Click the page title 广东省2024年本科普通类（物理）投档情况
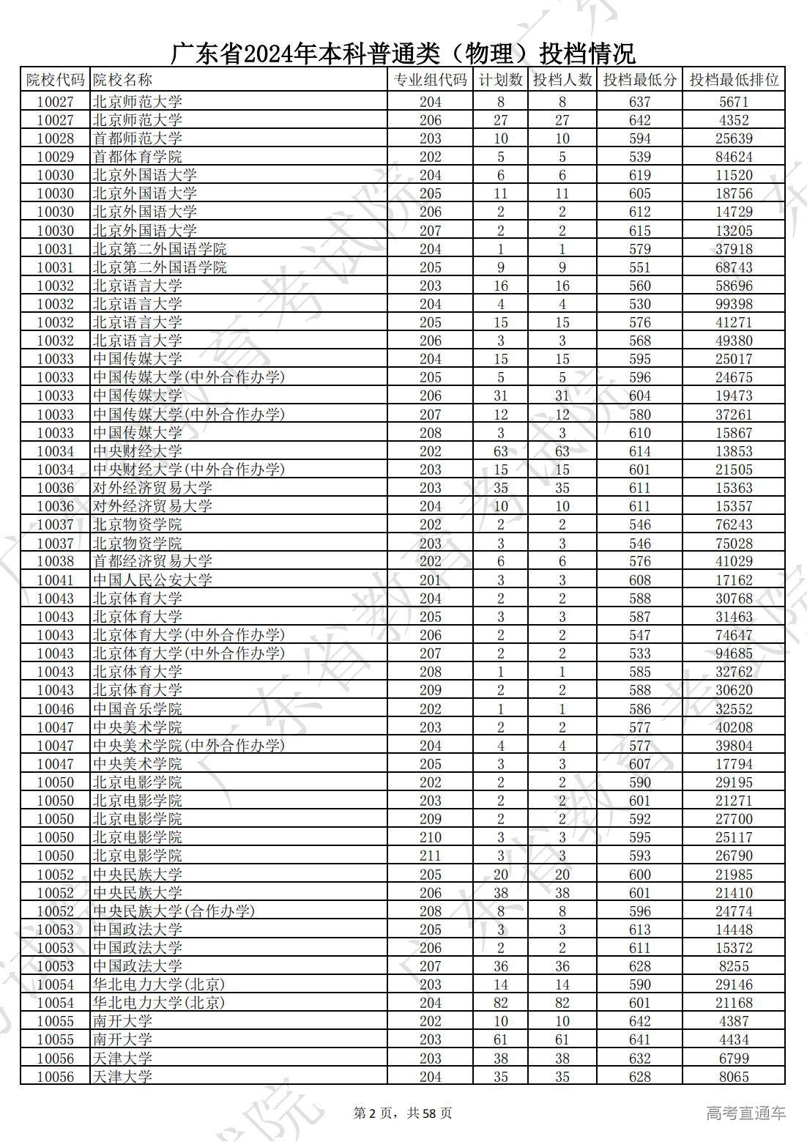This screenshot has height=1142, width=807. pos(403,53)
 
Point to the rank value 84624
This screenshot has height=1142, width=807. pos(733,157)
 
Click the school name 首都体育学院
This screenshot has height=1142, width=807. pos(138,157)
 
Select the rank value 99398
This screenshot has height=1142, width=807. pos(733,304)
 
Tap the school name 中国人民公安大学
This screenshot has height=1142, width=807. pos(152,580)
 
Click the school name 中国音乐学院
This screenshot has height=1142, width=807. pos(138,709)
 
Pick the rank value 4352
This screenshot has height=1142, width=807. pos(733,120)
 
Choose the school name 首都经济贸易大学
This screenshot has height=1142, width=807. pos(152,562)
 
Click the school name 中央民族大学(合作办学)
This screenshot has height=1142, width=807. pos(174,911)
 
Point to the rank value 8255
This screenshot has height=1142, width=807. pos(733,966)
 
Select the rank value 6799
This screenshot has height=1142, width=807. pos(733,1058)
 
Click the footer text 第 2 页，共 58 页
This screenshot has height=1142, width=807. pos(403,1113)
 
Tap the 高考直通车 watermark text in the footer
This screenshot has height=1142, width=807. pos(745,1113)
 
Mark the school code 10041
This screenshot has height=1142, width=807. pos(56,580)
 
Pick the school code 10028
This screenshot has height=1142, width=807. pos(56,138)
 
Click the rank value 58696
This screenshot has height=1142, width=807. pos(733,286)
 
